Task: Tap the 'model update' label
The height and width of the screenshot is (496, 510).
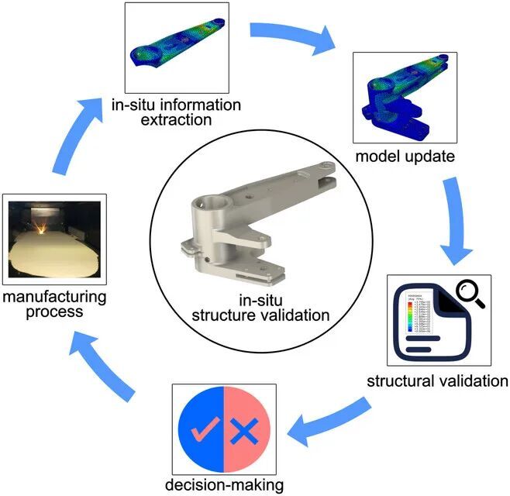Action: click(x=404, y=157)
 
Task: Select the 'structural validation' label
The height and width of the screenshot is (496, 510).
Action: click(x=436, y=381)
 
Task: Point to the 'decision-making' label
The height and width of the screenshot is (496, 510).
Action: click(x=223, y=485)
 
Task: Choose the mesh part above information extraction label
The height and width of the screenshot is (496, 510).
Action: click(x=177, y=46)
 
